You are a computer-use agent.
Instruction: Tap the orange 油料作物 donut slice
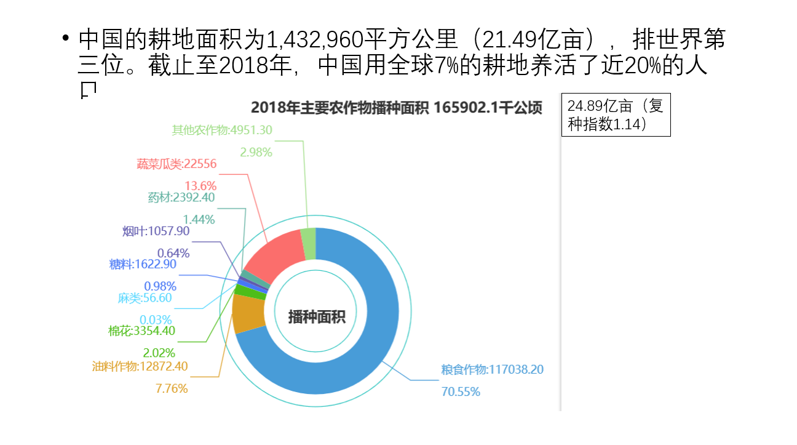248,314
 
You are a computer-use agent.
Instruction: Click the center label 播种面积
317,317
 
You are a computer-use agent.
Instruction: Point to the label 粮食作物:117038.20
492,369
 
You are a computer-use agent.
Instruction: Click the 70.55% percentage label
461,391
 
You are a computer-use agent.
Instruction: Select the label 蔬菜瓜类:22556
176,164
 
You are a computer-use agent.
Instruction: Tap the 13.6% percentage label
200,185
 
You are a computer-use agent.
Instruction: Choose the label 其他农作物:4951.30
222,130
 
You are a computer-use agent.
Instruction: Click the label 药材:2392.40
181,198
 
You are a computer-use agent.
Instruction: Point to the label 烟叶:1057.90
156,231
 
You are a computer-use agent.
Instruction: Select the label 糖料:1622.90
143,264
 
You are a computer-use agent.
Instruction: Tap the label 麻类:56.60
145,298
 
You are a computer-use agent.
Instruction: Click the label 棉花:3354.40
142,331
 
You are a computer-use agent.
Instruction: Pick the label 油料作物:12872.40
140,366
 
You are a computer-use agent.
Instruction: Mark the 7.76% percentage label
172,388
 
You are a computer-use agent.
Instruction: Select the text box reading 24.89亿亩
616,114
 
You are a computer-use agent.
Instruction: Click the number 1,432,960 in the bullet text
314,41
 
